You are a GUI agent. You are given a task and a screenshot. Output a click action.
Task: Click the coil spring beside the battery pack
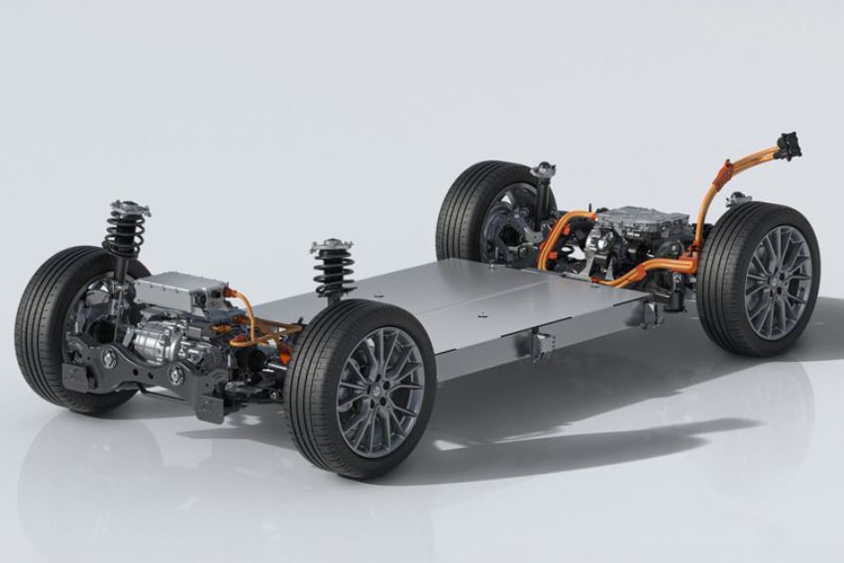[x=333, y=273]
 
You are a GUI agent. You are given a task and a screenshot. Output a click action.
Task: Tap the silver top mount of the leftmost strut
[x=129, y=209]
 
